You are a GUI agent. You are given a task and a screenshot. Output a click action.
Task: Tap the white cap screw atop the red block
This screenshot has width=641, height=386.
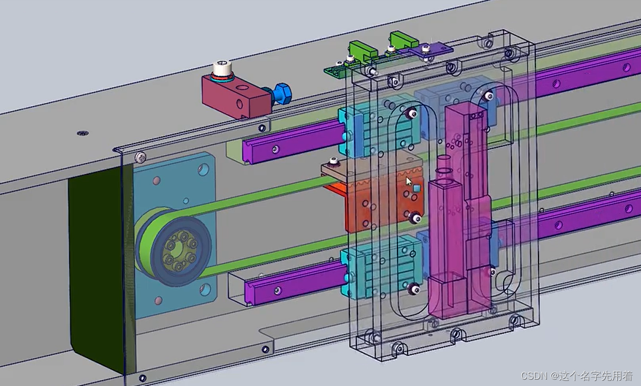pos(222,69)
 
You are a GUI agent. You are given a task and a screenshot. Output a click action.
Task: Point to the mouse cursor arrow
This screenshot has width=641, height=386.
pos(409,182)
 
